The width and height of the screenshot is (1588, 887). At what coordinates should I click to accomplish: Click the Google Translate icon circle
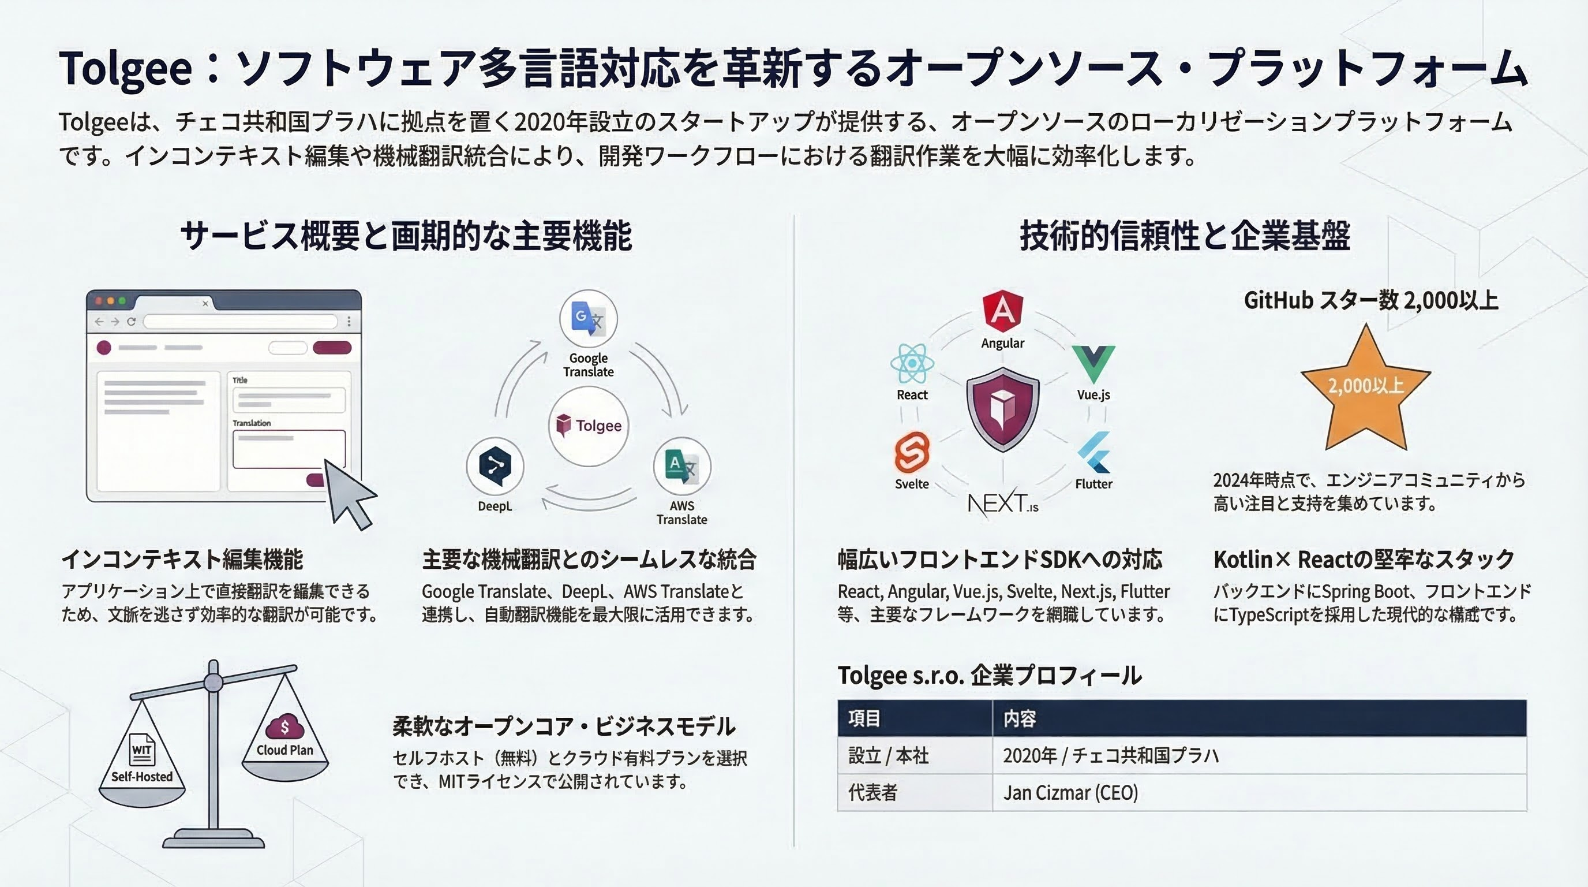(x=588, y=318)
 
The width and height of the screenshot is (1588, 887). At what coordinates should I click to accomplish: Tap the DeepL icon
(x=495, y=465)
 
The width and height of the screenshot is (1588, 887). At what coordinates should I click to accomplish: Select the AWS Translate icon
(x=682, y=465)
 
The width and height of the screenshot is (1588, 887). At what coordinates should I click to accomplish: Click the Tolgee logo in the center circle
(x=589, y=426)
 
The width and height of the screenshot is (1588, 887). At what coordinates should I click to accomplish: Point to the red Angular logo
(x=1002, y=311)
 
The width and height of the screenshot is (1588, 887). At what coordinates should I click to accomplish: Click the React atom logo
(x=912, y=363)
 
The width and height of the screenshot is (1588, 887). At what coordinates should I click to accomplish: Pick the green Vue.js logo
(x=1093, y=364)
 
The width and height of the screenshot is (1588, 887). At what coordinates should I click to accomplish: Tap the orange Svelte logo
(x=912, y=453)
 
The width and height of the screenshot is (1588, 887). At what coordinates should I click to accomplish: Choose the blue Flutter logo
(x=1093, y=452)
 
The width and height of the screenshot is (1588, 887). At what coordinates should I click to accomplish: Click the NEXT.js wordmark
(x=1003, y=504)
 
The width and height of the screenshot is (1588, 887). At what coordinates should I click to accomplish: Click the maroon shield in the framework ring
(x=1003, y=409)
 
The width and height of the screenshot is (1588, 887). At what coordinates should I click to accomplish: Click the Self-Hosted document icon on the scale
(x=142, y=750)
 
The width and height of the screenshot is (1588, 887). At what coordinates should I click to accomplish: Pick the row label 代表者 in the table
(x=872, y=793)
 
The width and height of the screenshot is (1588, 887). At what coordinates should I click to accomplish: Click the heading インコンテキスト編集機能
(x=182, y=560)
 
